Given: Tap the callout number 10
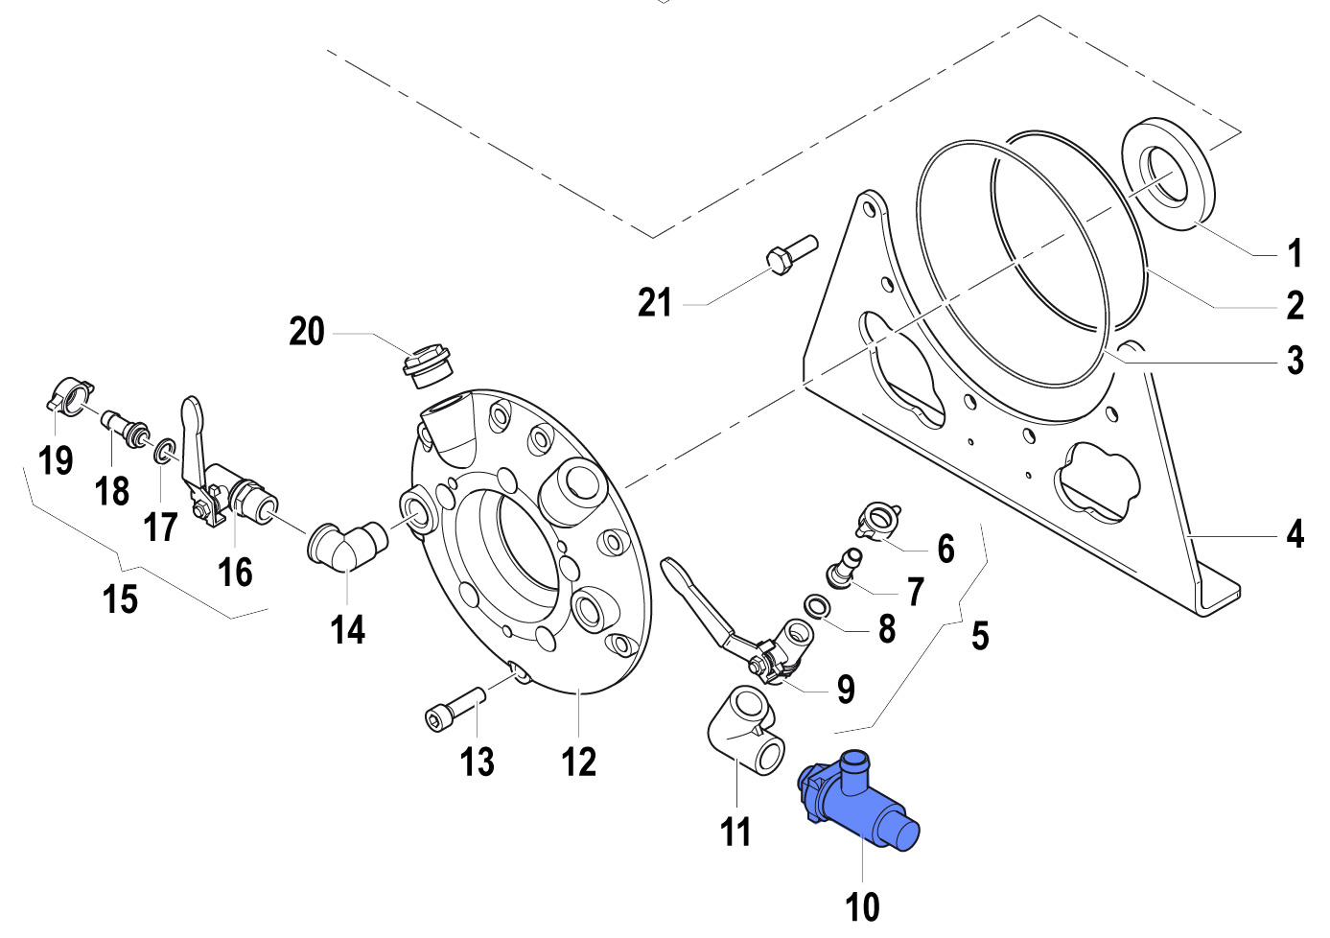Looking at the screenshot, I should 862,906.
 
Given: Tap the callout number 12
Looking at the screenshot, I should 579,762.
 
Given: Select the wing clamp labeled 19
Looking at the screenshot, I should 70,396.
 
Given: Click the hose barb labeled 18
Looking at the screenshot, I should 126,429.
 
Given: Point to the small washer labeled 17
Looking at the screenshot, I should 164,450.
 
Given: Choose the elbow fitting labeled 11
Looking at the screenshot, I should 746,734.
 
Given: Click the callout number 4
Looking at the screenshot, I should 1295,533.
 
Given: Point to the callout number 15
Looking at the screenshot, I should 121,598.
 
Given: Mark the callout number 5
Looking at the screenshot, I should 979,635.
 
